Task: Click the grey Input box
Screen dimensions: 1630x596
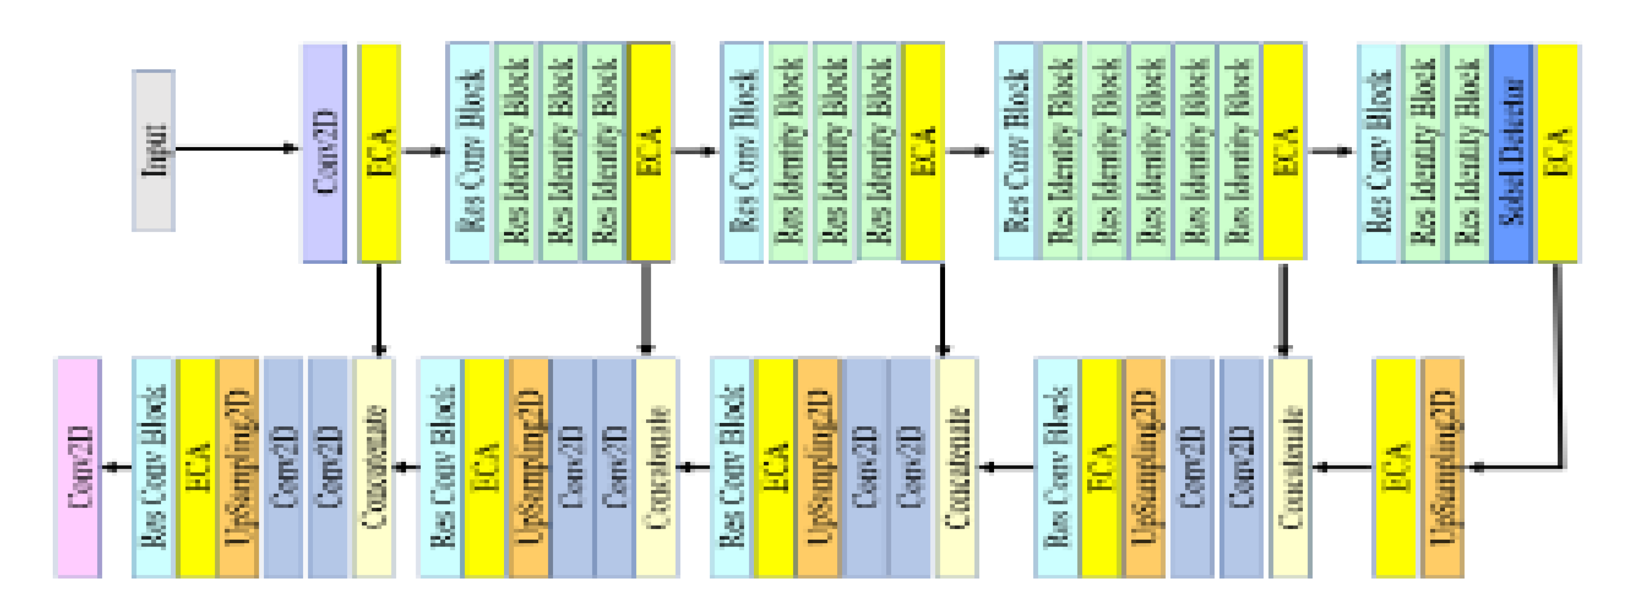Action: tap(153, 150)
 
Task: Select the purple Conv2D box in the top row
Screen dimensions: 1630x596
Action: tap(324, 153)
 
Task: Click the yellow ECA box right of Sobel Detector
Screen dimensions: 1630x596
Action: tap(1558, 153)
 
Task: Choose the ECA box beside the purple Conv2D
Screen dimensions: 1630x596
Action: tap(380, 153)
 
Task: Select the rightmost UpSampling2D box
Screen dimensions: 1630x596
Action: tap(1443, 467)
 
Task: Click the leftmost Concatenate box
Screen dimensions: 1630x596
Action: tap(374, 467)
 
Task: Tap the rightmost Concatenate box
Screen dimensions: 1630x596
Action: tap(1291, 467)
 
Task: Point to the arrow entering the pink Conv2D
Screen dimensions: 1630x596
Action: tap(117, 467)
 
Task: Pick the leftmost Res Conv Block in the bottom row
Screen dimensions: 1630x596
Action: tap(153, 467)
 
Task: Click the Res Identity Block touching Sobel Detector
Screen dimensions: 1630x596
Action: tap(1468, 153)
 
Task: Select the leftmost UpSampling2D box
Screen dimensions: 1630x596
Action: tap(238, 467)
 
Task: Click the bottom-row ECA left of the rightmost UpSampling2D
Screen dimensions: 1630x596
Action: tap(1394, 467)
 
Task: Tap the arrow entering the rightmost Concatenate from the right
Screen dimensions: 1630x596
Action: tap(1342, 467)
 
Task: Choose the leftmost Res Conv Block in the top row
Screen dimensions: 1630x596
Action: tap(469, 153)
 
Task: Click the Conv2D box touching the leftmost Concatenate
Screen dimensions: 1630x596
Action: tap(329, 467)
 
